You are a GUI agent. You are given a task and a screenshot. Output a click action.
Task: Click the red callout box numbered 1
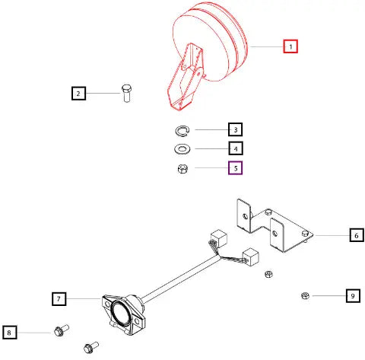[x=290, y=46]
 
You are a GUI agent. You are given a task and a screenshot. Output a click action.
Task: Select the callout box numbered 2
[x=78, y=94]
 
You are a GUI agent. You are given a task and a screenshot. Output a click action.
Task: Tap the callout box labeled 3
[x=236, y=129]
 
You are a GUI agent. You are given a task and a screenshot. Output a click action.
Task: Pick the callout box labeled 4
[x=236, y=148]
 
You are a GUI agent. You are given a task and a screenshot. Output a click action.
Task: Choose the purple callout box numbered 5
[x=236, y=168]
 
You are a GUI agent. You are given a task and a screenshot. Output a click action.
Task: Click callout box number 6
[x=357, y=235]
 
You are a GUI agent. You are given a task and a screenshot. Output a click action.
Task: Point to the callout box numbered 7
[x=59, y=299]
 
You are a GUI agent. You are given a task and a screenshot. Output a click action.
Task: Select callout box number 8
[x=10, y=333]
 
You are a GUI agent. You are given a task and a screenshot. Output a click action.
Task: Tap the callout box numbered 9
[x=353, y=296]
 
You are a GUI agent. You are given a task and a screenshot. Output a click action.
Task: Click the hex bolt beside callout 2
[x=126, y=93]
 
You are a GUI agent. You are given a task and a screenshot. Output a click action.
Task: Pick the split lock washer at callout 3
[x=182, y=131]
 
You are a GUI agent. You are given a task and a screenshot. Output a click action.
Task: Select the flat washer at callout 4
[x=182, y=148]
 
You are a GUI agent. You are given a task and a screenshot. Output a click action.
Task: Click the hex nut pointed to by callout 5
[x=182, y=169]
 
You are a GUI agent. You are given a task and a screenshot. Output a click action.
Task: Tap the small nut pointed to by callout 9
[x=305, y=295]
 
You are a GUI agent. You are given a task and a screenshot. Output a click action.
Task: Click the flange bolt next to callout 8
[x=62, y=330]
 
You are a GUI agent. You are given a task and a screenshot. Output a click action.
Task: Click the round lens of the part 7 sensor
[x=121, y=312]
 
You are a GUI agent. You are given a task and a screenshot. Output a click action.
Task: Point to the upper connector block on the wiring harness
[x=219, y=238]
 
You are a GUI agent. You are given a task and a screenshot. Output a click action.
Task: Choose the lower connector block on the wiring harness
[x=251, y=256]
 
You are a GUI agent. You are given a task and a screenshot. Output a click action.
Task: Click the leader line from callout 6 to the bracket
[x=332, y=235]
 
